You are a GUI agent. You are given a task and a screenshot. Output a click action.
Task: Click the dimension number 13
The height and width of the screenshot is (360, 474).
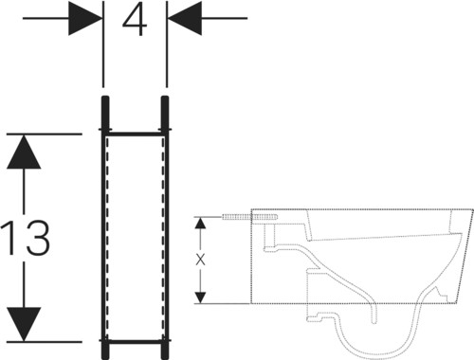[26, 238]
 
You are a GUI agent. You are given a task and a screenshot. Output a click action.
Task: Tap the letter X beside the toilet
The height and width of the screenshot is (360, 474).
[200, 260]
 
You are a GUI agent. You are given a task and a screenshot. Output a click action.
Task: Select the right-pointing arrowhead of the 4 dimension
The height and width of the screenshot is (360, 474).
[85, 18]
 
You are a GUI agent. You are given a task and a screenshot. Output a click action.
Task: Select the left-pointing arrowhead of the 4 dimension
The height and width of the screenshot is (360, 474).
[185, 18]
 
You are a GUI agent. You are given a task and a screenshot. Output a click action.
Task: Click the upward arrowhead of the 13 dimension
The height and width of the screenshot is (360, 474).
[24, 152]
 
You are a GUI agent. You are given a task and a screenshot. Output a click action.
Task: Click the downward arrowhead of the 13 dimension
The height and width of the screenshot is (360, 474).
[24, 324]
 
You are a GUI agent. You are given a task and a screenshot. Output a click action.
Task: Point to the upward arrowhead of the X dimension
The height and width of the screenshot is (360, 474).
[200, 223]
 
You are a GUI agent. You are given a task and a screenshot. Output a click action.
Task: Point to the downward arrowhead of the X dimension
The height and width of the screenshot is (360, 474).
[200, 297]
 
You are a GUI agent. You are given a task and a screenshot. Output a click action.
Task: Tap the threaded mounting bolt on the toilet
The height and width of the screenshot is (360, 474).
[250, 217]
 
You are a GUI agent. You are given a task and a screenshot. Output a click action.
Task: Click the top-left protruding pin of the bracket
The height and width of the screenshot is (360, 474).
[105, 113]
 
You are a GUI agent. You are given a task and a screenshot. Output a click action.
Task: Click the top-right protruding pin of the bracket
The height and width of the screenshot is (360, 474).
[165, 113]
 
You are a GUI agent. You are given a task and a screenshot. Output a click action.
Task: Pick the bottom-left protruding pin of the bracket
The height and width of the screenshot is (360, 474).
[105, 350]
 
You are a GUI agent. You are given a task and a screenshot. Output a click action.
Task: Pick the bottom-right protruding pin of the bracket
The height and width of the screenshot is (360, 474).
[165, 350]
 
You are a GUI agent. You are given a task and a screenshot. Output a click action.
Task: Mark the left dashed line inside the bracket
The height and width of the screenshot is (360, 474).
[107, 238]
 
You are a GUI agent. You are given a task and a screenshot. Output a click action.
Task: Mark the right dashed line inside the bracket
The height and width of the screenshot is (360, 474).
[163, 238]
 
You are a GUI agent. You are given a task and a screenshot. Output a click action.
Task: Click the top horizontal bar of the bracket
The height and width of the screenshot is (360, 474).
[135, 135]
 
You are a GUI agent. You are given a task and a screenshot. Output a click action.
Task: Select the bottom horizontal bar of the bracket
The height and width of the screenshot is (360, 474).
[135, 341]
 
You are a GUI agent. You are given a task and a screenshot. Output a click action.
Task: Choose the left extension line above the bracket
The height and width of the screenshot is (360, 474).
[103, 44]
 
